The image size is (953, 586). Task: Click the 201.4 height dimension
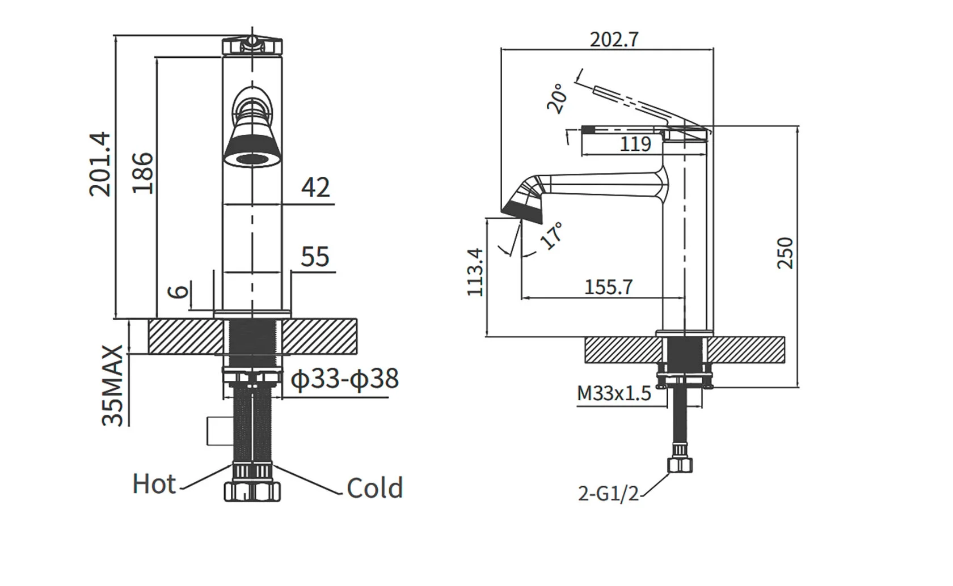point(100,164)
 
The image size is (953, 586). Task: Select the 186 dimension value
point(142,173)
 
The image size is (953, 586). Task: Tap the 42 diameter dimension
point(315,188)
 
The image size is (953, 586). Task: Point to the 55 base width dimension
point(315,257)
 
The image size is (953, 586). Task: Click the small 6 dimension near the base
point(178,291)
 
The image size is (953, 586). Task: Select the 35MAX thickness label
point(112,385)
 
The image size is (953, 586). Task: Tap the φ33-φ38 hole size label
point(345,379)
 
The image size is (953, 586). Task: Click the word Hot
point(154,485)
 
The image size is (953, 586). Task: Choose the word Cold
point(374,488)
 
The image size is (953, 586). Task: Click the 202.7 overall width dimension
point(614,40)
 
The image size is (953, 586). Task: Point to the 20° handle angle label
point(557,98)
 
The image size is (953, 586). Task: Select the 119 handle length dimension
point(635,144)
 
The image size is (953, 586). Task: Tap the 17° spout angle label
point(552,235)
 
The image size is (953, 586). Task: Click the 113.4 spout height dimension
point(475,272)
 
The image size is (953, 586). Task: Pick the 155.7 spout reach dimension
point(608,287)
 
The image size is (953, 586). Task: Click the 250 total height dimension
point(785,253)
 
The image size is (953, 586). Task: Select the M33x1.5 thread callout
point(614,393)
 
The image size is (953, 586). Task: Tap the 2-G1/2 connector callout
point(608,494)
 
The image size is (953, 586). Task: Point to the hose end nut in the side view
point(680,465)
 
